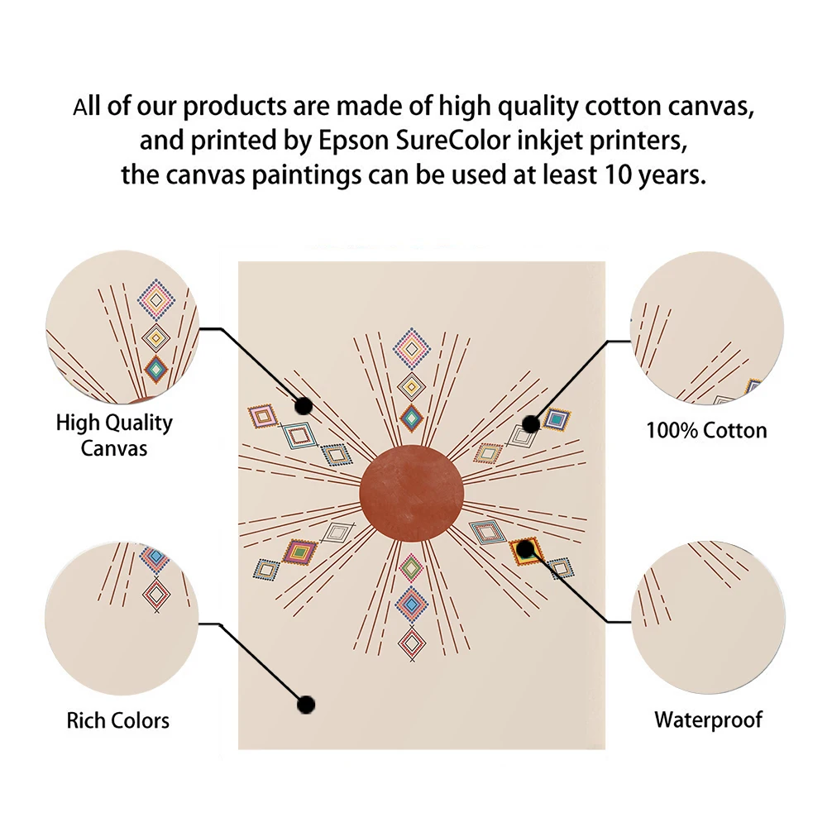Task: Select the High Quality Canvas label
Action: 114,435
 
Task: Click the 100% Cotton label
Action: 706,430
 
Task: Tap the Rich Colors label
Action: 118,720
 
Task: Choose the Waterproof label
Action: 709,719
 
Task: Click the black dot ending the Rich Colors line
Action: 306,705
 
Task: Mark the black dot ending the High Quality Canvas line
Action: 304,406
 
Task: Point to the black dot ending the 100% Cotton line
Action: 531,423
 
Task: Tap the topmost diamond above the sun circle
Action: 410,347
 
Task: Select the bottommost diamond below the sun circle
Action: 411,642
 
